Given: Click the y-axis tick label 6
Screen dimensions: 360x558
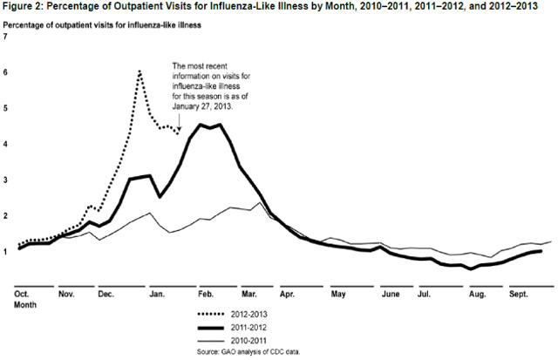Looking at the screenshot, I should [x=6, y=73].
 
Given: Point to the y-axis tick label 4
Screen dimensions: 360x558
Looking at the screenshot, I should [x=6, y=145].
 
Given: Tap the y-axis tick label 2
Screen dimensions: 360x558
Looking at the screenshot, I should [x=6, y=215].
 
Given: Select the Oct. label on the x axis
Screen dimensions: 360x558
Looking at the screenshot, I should [x=24, y=295].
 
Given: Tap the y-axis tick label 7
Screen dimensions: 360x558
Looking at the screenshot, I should [x=6, y=38].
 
